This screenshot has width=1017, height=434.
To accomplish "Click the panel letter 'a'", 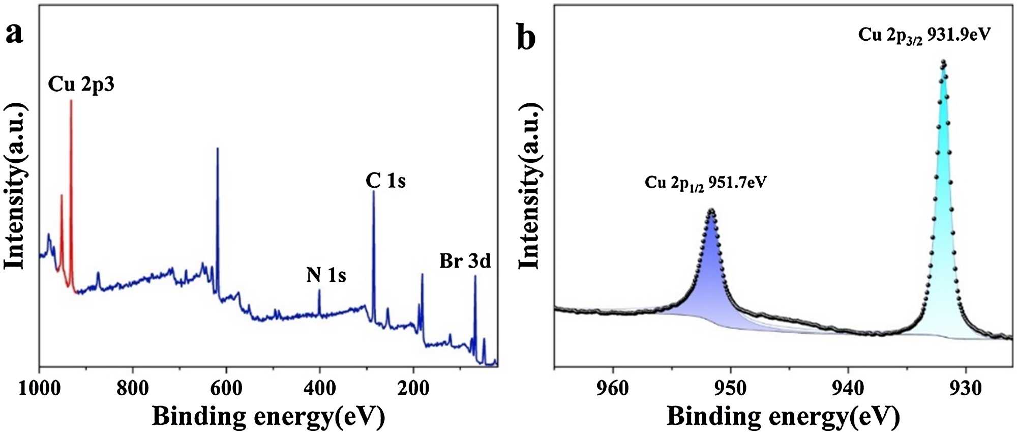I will click(15, 34).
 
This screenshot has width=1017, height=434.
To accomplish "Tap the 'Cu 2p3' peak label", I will click(81, 84).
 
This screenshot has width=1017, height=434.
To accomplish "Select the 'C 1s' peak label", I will click(385, 181).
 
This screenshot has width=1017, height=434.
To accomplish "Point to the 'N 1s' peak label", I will click(326, 275).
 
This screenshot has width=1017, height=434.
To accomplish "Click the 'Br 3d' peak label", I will click(465, 261).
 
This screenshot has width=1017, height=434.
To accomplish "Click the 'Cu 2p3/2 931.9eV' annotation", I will click(924, 35).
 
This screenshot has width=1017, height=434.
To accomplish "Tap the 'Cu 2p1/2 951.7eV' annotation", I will click(705, 182).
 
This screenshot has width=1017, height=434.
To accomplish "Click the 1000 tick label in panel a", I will click(39, 389).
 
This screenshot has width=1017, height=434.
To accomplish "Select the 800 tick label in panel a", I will click(133, 389).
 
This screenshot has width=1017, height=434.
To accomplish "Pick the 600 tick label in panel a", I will click(226, 389).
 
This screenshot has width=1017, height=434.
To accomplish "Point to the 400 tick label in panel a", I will click(320, 389).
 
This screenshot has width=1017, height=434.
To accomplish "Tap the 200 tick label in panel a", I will click(413, 389).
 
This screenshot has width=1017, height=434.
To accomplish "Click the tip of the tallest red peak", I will click(71, 101).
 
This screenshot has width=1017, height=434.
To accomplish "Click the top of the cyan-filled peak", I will click(943, 63).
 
